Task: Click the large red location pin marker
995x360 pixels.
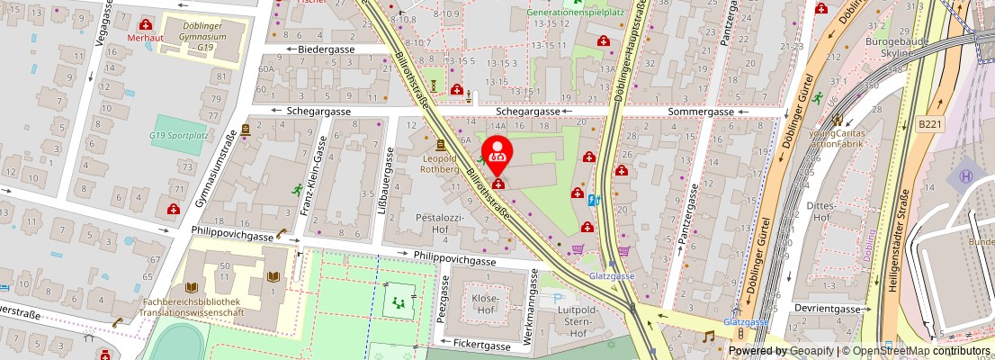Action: (497, 153)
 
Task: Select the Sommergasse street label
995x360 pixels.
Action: (701, 112)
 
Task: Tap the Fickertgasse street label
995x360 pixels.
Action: (481, 344)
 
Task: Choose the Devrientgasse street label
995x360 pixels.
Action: (829, 308)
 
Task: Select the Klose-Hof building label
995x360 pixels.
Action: (485, 303)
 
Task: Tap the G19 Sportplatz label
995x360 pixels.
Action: (179, 135)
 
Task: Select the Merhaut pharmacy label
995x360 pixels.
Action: (145, 38)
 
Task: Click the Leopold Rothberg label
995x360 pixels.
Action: (440, 163)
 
